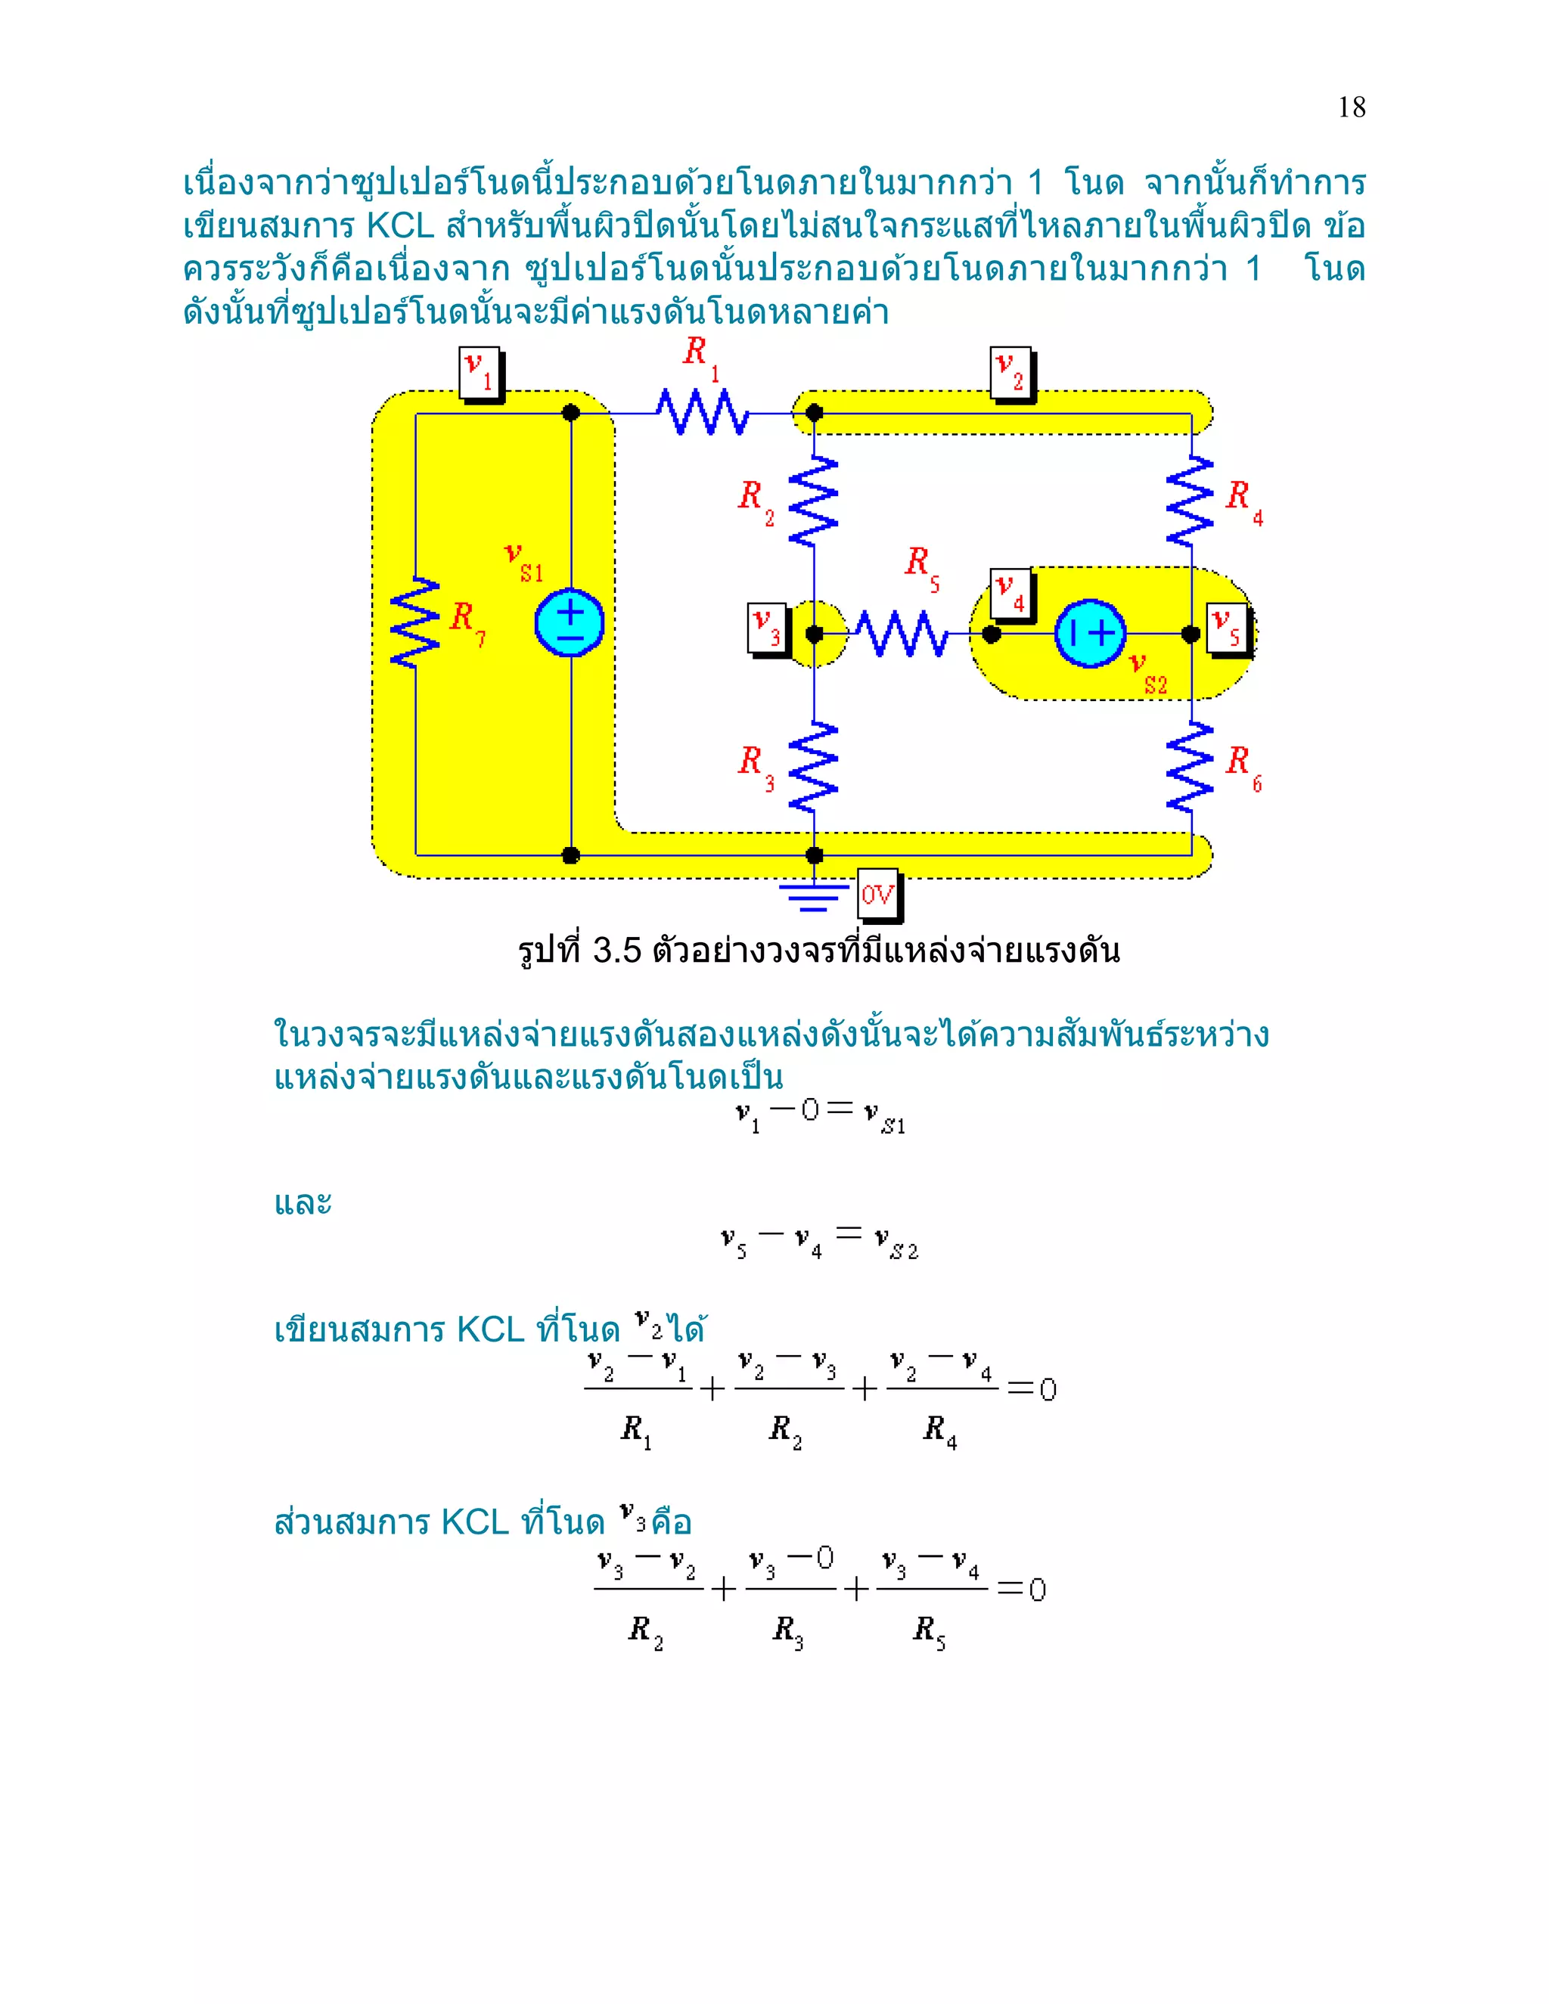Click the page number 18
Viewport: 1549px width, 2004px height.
point(1351,107)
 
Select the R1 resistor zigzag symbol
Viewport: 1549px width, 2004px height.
point(703,412)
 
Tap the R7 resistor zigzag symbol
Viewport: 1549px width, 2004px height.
point(416,622)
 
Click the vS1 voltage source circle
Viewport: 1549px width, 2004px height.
point(570,622)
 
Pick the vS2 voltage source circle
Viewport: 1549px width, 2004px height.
point(1090,633)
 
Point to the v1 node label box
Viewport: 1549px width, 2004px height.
point(479,373)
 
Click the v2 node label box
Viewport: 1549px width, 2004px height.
point(1011,373)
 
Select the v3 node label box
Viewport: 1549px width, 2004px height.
point(767,628)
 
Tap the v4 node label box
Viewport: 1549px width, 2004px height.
point(1011,594)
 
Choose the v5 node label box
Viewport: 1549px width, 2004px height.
point(1228,628)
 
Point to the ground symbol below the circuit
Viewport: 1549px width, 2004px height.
point(813,895)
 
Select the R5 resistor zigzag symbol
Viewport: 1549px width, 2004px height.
point(901,633)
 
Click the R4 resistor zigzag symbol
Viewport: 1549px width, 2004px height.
point(1190,501)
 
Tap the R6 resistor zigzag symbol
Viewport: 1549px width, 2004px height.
point(1190,766)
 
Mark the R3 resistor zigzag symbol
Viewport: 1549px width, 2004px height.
point(813,766)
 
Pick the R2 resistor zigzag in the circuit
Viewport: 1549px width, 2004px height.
point(813,501)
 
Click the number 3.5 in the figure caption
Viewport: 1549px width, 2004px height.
point(616,951)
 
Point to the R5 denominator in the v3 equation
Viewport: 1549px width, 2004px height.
point(929,1630)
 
